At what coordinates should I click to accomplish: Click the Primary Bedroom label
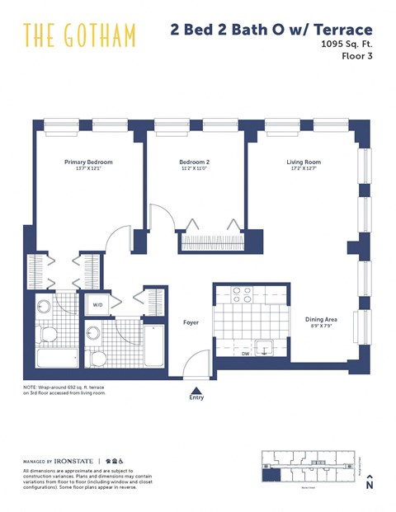88,162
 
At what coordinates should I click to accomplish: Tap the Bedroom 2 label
195,162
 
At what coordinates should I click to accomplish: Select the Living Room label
304,162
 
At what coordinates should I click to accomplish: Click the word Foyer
191,323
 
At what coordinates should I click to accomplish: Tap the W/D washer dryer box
97,305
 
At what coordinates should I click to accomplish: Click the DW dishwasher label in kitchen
245,354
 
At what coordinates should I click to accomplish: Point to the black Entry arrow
196,392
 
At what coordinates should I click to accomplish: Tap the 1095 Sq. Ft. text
346,45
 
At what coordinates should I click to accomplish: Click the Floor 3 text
357,57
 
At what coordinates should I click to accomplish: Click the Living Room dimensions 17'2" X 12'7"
304,170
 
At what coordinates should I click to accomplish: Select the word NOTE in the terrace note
31,387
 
